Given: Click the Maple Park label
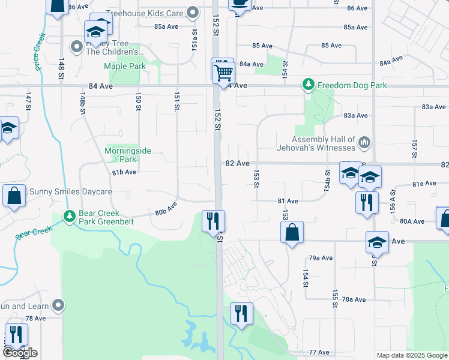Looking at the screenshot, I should point(125,66).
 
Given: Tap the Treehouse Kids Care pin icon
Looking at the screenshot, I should point(193,12).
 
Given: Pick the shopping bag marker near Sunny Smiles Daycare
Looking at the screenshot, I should point(13,196).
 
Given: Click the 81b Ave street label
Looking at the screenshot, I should point(124,172).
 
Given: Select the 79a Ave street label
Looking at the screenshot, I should point(321,258).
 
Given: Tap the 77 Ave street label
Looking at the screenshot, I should point(320,352).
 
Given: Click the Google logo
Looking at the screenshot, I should point(20,352).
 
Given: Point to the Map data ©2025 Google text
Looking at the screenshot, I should point(412,355).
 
